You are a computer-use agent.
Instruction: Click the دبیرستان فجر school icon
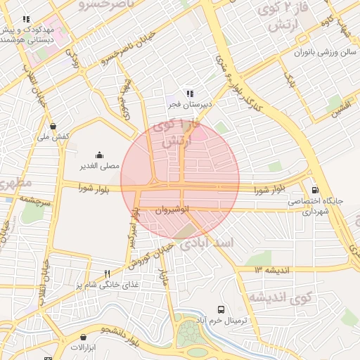(x=189, y=94)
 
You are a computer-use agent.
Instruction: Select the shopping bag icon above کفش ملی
(x=53, y=127)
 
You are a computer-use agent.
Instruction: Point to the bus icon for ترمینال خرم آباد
(x=221, y=309)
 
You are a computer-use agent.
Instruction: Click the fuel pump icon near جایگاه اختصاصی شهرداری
(x=314, y=190)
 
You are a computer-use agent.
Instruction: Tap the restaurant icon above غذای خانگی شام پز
(x=107, y=274)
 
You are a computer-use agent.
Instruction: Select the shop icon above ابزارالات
(x=73, y=337)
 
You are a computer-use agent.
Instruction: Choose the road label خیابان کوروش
(x=149, y=257)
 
